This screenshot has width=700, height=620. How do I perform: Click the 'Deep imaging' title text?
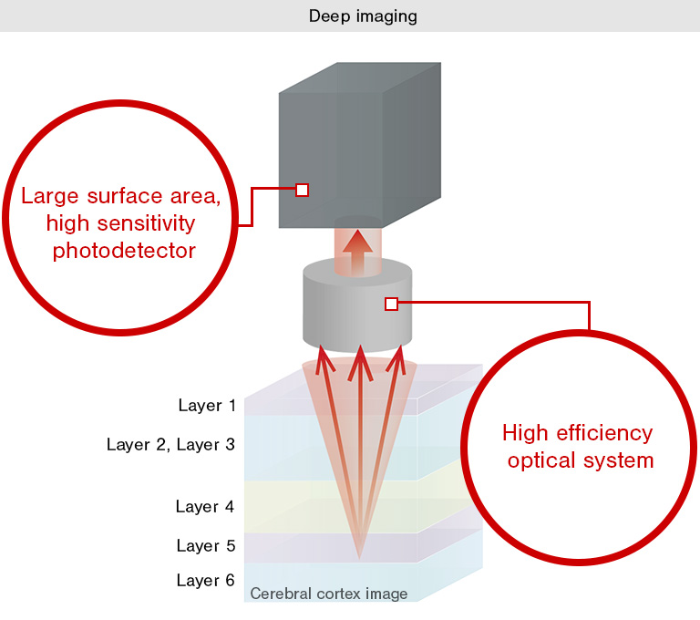tap(350, 16)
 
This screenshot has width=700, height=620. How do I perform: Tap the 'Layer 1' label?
tap(207, 406)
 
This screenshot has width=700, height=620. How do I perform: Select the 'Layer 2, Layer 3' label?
tap(171, 445)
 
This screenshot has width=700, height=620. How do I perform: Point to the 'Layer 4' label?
tap(206, 507)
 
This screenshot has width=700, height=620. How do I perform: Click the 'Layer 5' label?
tap(206, 546)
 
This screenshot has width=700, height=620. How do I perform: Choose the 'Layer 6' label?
tap(206, 580)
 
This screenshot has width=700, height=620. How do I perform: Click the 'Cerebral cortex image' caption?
tap(328, 594)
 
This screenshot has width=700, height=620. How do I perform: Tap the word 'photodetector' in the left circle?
tap(124, 250)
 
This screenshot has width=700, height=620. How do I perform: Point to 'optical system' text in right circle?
tap(581, 460)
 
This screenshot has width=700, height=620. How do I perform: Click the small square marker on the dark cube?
tap(303, 190)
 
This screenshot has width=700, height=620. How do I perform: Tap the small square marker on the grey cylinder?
tap(391, 304)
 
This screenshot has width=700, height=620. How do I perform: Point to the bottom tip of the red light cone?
tap(360, 557)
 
